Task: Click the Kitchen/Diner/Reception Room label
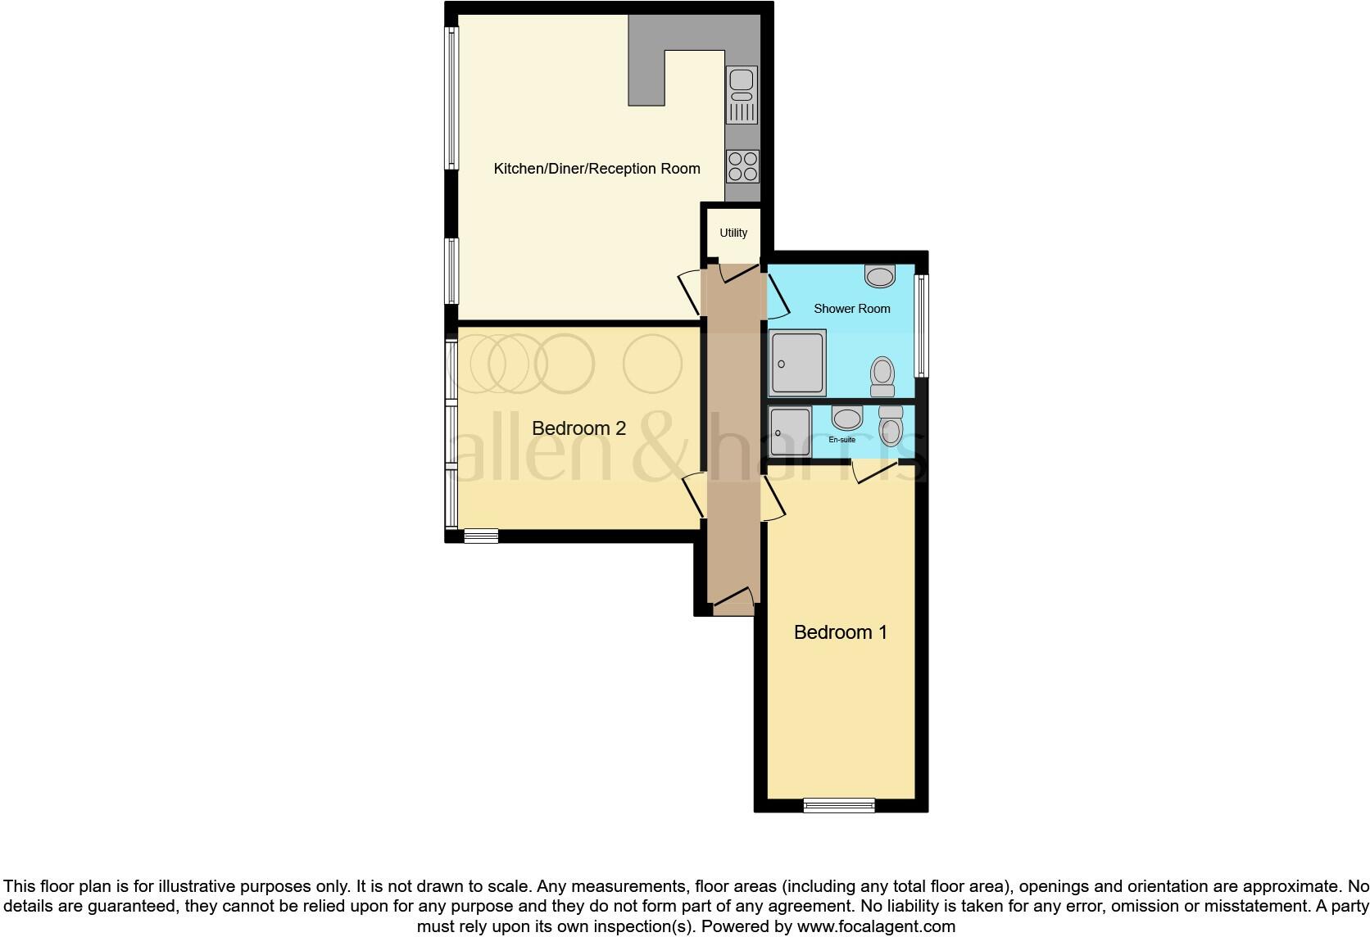(x=597, y=169)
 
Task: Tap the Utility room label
(x=733, y=233)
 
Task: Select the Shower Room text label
(x=851, y=309)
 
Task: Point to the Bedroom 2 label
(x=578, y=428)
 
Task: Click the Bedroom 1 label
(x=840, y=632)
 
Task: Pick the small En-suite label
(x=842, y=440)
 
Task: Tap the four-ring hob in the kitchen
(x=742, y=165)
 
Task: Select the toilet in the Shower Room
(x=882, y=377)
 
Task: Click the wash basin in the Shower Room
(x=880, y=276)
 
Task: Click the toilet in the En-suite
(x=890, y=425)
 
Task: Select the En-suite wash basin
(x=846, y=418)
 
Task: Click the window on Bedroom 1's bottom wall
(x=839, y=805)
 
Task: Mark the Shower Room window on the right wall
(x=921, y=325)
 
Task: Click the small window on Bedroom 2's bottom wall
(x=481, y=536)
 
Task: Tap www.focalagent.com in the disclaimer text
(x=876, y=927)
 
